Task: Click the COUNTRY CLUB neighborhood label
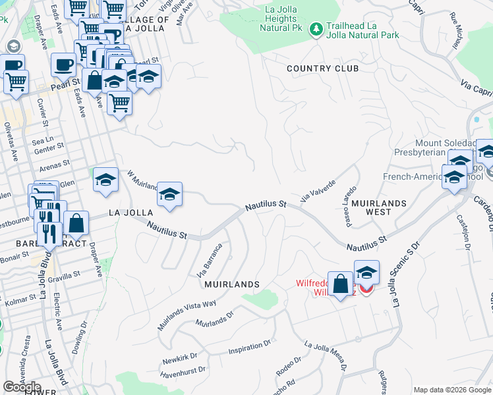[x=323, y=68]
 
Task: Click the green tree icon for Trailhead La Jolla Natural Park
[x=316, y=29]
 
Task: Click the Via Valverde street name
[x=318, y=190]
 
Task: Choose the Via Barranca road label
[x=210, y=261]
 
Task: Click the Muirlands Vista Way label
[x=187, y=314]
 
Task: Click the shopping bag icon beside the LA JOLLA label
[x=76, y=223]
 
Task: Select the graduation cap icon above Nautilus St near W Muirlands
[x=169, y=194]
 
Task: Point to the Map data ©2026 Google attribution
[x=452, y=390]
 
